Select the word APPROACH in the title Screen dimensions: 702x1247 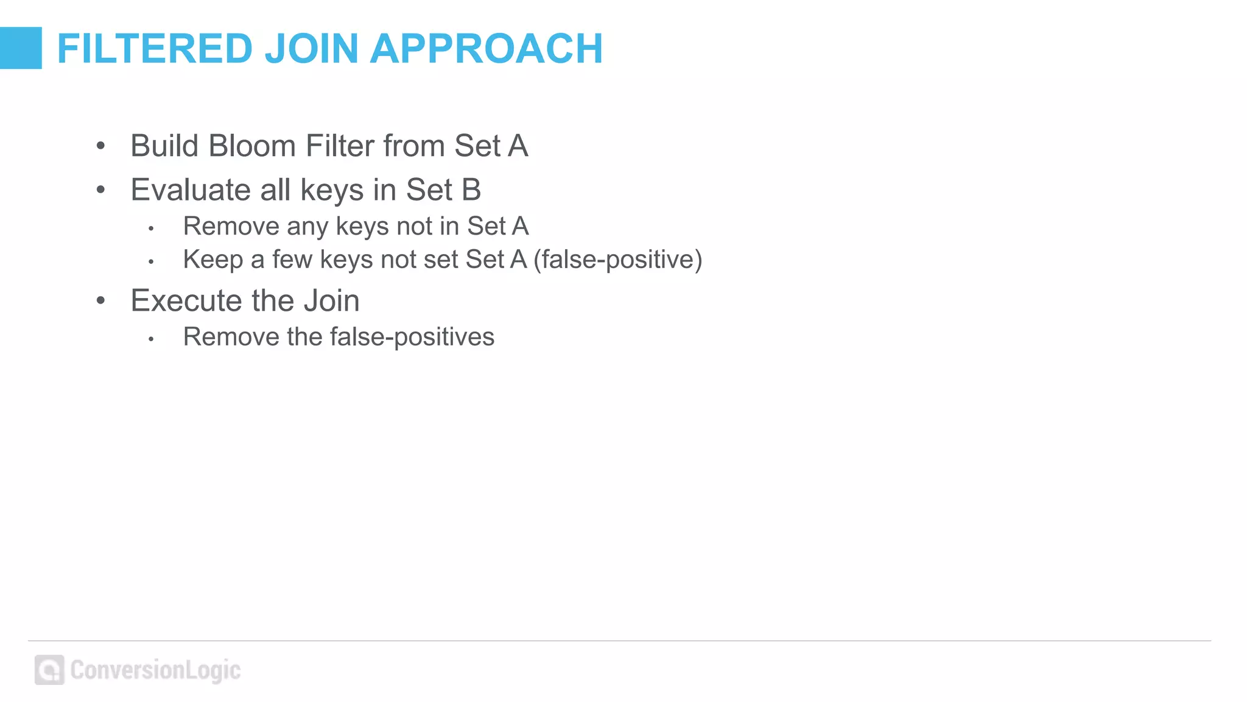(487, 49)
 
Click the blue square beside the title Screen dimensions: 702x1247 (21, 48)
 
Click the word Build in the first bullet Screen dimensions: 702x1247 (164, 146)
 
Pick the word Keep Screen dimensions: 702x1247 (213, 260)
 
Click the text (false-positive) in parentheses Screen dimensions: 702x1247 (617, 260)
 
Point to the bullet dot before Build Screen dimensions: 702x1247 (101, 146)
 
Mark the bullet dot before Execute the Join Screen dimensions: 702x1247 (101, 300)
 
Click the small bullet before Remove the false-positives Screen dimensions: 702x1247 (151, 339)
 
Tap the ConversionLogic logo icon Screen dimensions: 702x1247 (49, 670)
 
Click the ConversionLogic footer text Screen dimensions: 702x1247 (155, 670)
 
